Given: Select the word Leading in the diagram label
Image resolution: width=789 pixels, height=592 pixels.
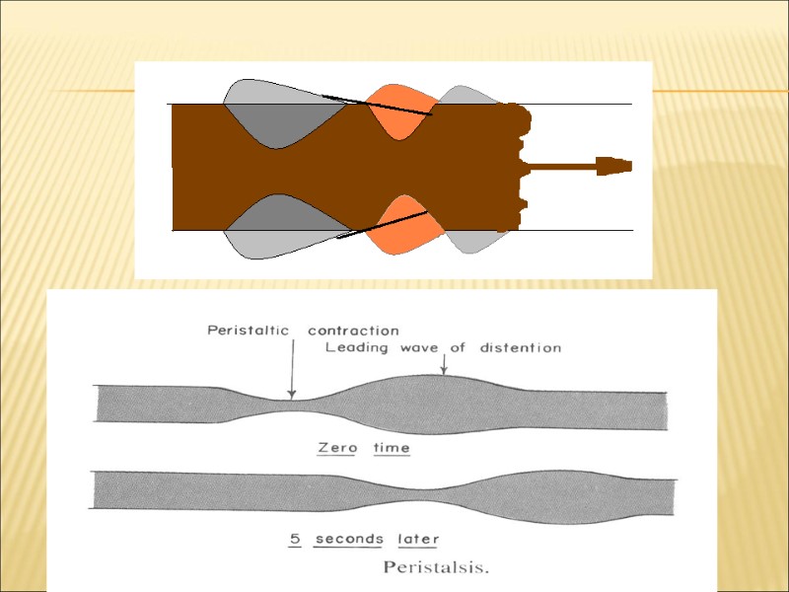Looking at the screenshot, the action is tap(356, 347).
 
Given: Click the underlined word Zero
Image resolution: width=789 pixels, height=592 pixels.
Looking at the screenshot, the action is tap(336, 448).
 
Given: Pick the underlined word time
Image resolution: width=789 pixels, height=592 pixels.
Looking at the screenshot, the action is tap(391, 448).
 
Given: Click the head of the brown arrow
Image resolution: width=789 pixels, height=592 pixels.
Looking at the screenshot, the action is tap(615, 166).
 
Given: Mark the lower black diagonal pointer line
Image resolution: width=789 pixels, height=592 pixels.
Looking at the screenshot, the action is tap(383, 225).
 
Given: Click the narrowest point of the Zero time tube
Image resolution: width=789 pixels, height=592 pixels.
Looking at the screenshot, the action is tap(293, 407).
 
